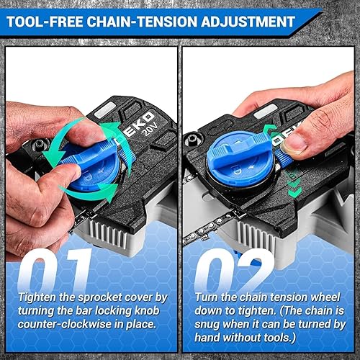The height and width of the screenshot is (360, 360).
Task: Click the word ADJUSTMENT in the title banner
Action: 248,22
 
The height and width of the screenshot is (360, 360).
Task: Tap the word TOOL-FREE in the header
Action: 45,22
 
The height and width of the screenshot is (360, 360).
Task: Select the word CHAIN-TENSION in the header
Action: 142,22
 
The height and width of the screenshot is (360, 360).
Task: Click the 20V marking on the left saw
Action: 150,130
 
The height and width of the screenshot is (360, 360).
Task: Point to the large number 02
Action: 234,270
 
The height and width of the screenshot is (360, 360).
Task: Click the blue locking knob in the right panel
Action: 240,159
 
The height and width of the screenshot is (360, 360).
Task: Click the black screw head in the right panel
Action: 193,138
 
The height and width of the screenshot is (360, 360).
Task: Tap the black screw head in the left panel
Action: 40,145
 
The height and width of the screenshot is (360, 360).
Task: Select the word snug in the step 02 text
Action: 207,325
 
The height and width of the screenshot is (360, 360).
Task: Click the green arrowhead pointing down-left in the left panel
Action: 52,157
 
